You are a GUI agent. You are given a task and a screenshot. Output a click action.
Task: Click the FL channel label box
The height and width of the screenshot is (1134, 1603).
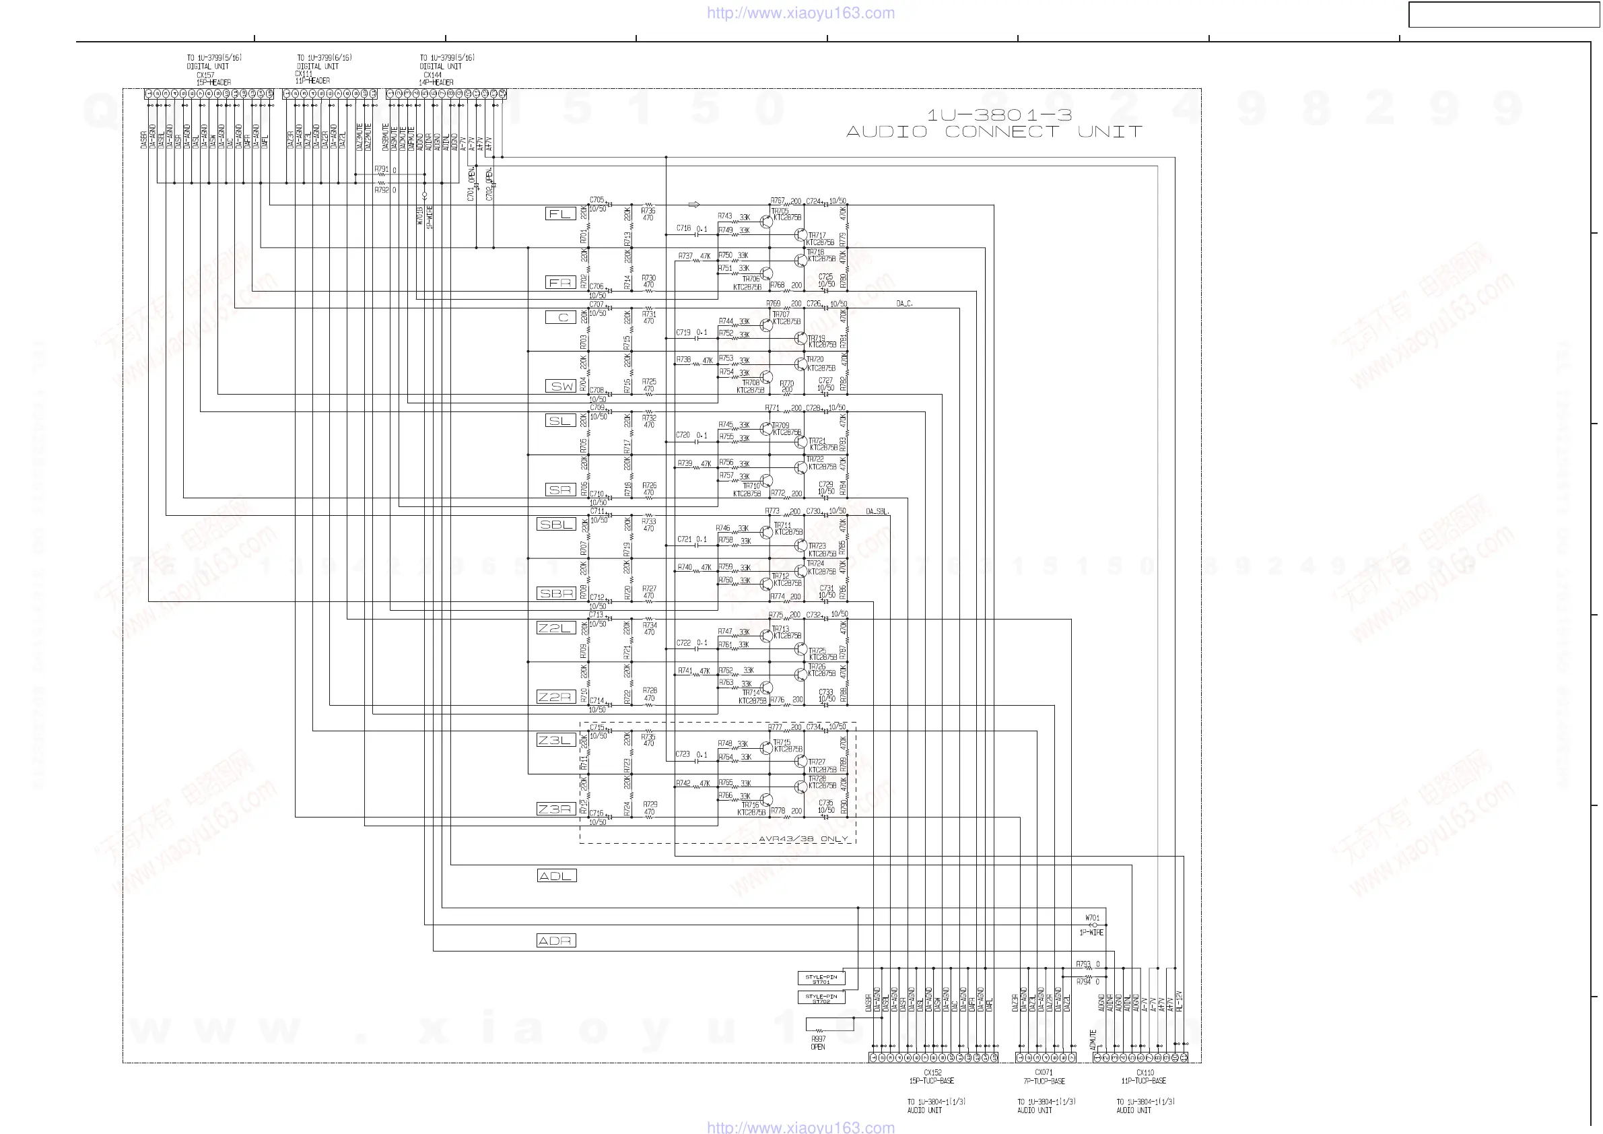click(560, 213)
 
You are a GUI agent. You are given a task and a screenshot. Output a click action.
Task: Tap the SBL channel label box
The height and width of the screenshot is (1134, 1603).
click(557, 525)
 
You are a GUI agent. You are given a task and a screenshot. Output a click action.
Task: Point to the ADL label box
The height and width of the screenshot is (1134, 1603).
click(557, 875)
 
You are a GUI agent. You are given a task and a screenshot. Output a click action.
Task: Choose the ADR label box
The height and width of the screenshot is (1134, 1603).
click(557, 941)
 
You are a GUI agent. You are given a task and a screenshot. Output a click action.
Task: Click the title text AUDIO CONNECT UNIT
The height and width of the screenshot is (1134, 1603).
click(994, 132)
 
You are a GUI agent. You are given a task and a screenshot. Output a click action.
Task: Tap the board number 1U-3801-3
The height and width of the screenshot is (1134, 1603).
click(999, 114)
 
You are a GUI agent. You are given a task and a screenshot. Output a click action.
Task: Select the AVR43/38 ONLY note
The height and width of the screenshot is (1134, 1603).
click(803, 838)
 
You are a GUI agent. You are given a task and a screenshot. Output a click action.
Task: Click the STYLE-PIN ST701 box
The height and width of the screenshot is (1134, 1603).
click(821, 979)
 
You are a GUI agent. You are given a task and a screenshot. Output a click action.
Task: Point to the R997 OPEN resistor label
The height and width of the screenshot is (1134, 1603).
click(818, 1042)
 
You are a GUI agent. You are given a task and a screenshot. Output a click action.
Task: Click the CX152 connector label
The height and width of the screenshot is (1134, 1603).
click(932, 1073)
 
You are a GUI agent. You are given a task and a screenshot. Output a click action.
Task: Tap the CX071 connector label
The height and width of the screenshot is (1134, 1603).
click(1044, 1073)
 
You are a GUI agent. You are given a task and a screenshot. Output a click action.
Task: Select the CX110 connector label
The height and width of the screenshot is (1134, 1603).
click(1145, 1073)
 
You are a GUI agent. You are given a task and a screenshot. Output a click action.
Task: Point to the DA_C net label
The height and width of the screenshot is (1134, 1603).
click(904, 304)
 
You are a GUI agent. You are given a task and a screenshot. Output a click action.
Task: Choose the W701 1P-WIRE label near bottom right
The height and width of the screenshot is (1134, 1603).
click(1092, 925)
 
